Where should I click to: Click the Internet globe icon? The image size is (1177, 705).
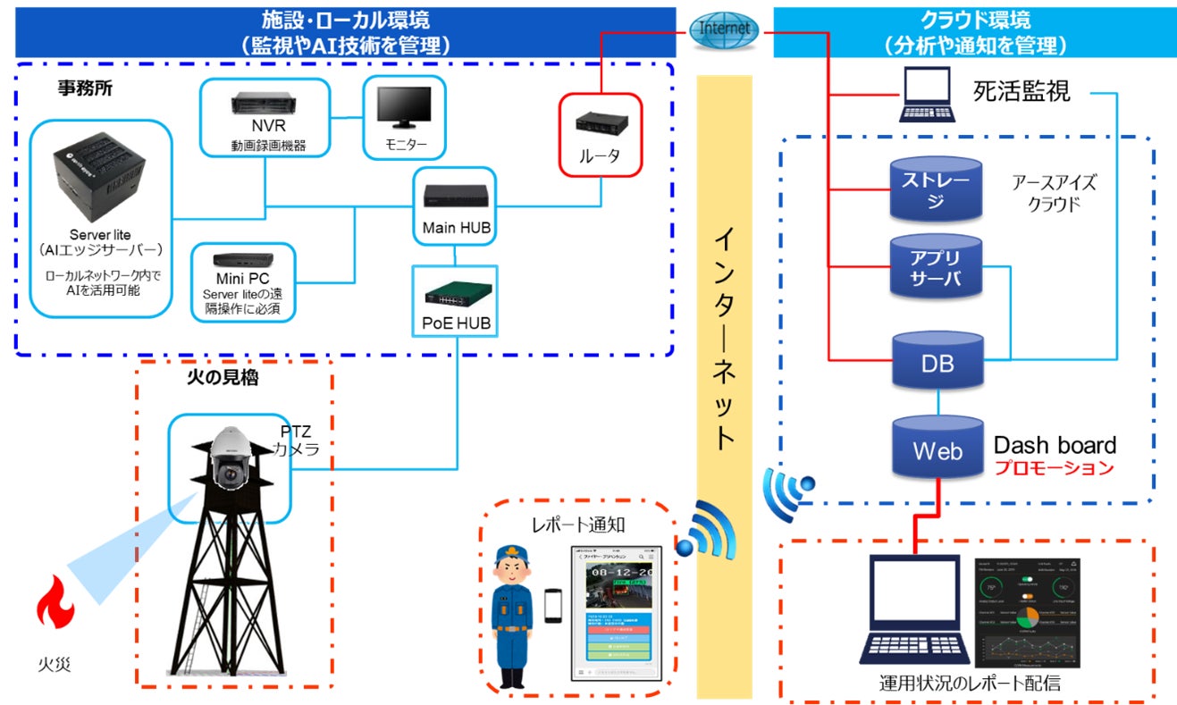(724, 29)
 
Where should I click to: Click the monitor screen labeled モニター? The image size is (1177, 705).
(403, 107)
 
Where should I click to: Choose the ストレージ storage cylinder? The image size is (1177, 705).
(936, 189)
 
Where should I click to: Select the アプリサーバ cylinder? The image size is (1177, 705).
(936, 268)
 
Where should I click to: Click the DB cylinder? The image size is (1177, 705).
(936, 361)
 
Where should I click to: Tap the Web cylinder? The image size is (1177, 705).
(937, 447)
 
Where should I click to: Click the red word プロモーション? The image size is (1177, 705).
(1055, 468)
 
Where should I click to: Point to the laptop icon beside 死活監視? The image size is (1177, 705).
(925, 96)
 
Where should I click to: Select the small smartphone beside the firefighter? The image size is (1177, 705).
(552, 606)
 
